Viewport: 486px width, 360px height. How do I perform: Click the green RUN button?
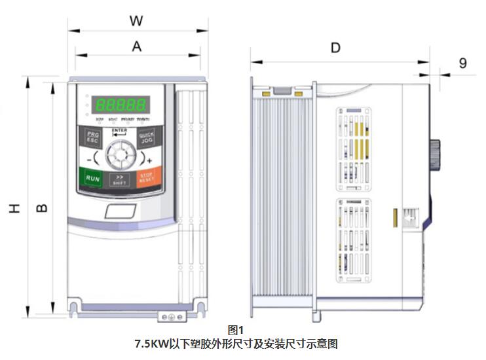tap(93, 178)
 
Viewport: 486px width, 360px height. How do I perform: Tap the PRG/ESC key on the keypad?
tap(92, 139)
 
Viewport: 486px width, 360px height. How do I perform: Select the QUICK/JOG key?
tap(146, 138)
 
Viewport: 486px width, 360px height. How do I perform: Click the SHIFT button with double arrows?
tap(119, 179)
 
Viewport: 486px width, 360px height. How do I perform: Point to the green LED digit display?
tap(120, 104)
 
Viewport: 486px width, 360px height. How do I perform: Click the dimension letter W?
tap(136, 21)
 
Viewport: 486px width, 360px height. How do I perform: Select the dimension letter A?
tap(136, 46)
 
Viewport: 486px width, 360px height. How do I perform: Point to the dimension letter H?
tap(14, 208)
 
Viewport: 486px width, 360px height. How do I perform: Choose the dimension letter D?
tap(335, 47)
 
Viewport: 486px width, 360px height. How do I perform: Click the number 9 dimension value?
tap(462, 63)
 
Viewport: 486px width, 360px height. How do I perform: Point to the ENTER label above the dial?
tap(119, 131)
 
